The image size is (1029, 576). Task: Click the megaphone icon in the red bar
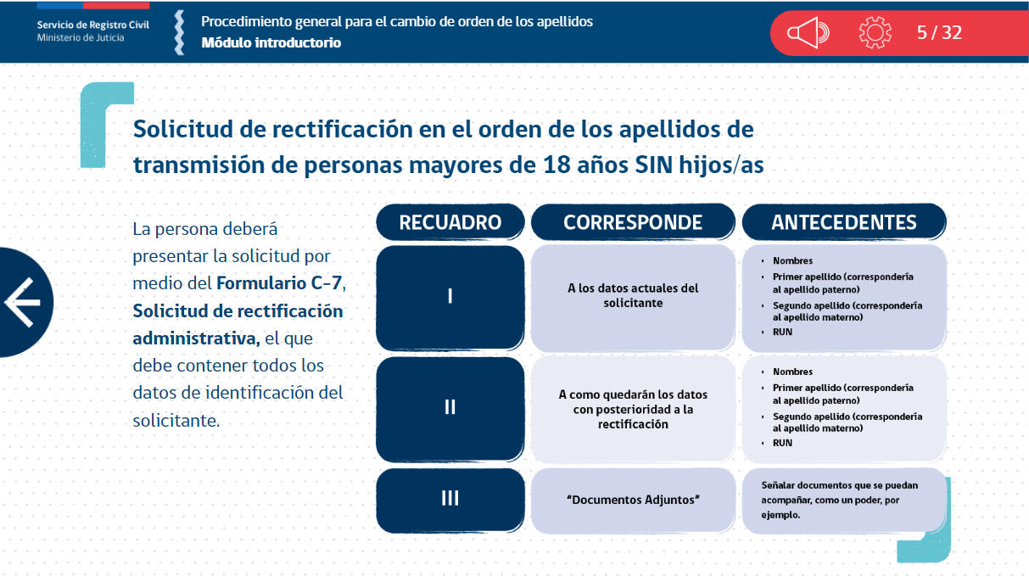[x=808, y=33]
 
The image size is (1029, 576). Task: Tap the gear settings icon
[x=875, y=33]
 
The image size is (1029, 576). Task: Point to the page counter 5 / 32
[x=939, y=33]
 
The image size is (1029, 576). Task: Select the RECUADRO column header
[x=450, y=222]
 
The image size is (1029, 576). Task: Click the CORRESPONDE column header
[x=633, y=222]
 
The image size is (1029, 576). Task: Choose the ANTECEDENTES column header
[x=844, y=222]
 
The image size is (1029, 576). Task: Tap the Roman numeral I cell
[x=450, y=296]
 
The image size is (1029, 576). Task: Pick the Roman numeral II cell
[x=450, y=407]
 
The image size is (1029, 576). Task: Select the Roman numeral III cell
[x=450, y=499]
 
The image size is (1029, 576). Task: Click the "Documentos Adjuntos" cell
[x=633, y=500]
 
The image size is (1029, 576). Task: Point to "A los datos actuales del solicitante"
[x=633, y=295]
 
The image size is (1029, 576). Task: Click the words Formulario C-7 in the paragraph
[x=280, y=283]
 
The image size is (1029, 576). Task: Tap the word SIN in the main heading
[x=654, y=165]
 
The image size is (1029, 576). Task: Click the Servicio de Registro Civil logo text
[x=93, y=25]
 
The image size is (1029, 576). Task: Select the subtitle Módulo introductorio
[x=271, y=43]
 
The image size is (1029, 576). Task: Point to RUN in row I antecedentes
[x=782, y=332]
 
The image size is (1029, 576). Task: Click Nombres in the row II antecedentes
[x=792, y=372]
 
